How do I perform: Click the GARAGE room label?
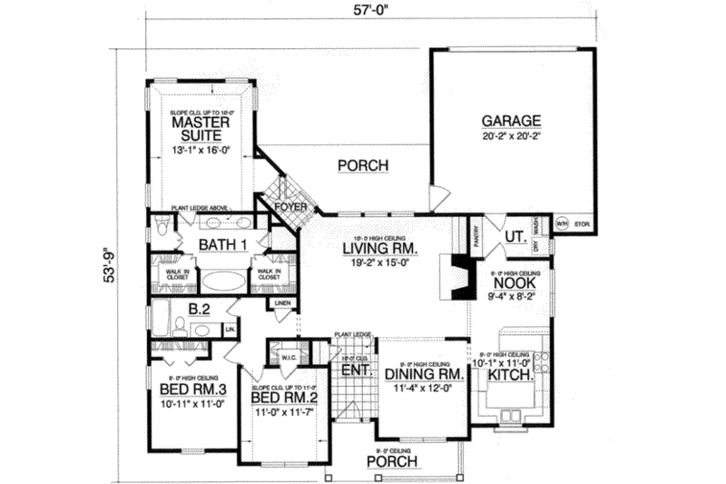click(x=511, y=120)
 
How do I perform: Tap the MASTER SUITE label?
click(x=200, y=128)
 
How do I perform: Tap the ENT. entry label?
click(x=351, y=372)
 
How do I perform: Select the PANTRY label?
click(x=476, y=235)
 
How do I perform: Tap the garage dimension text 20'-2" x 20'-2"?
click(x=511, y=135)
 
